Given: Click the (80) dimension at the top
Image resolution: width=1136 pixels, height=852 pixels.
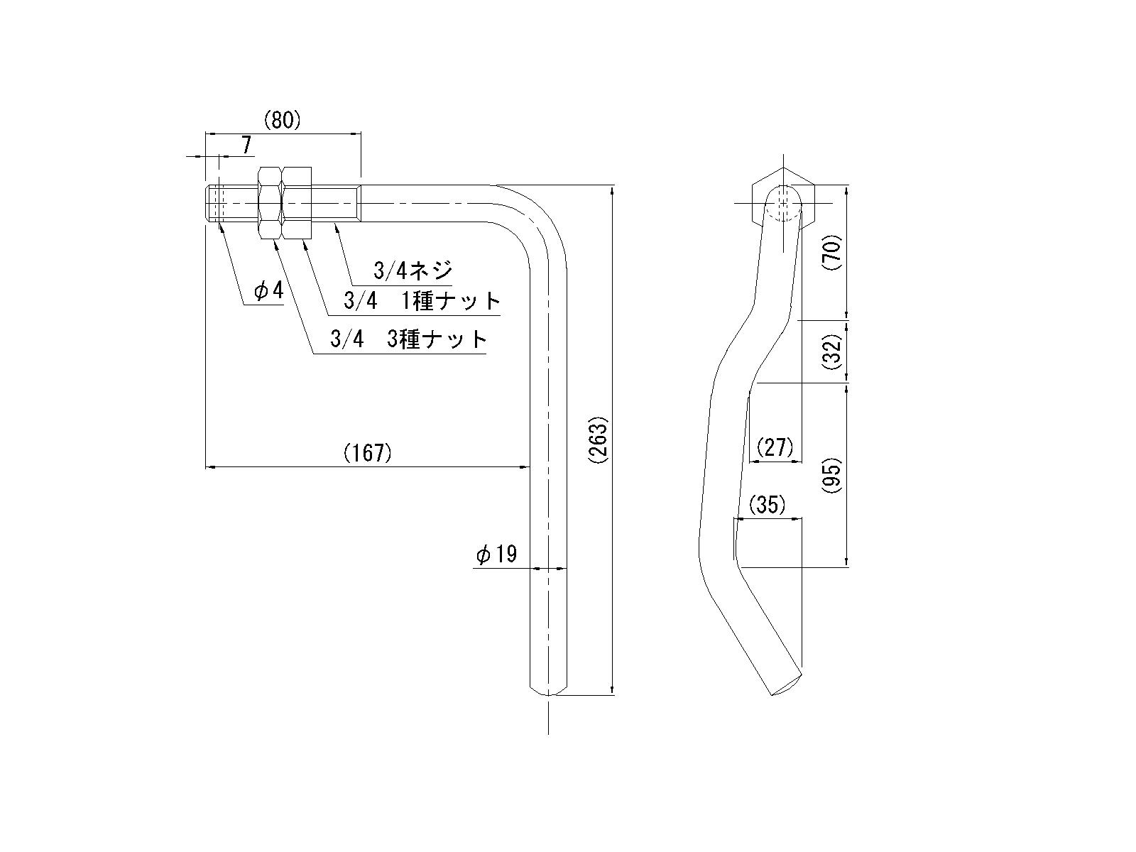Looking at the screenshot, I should (x=283, y=121).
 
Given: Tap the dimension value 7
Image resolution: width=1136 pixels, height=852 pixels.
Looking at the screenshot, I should (x=246, y=146).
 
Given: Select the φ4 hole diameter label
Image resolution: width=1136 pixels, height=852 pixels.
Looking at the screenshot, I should (x=269, y=291).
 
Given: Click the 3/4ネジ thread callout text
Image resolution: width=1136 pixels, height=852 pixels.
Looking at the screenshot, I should (x=413, y=271).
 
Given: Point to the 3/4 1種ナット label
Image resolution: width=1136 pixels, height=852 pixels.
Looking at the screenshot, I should (x=422, y=301).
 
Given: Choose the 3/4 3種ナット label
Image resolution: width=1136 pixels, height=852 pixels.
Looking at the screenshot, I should (x=409, y=339).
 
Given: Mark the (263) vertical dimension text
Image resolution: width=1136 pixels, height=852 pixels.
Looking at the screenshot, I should (x=599, y=440).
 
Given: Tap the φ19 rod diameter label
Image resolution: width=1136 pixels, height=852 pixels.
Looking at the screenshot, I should (x=497, y=555).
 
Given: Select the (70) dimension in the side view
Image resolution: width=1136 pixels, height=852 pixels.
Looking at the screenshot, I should (x=832, y=251).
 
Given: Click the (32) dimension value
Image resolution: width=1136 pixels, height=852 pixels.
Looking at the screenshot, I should (x=832, y=351).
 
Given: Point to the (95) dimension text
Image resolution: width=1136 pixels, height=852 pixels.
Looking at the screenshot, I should (x=832, y=474).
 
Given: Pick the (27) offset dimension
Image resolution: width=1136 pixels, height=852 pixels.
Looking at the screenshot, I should (x=775, y=448).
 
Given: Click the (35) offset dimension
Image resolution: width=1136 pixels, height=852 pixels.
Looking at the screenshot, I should (x=768, y=505).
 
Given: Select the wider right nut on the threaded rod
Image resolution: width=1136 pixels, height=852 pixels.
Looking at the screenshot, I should (x=297, y=203).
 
